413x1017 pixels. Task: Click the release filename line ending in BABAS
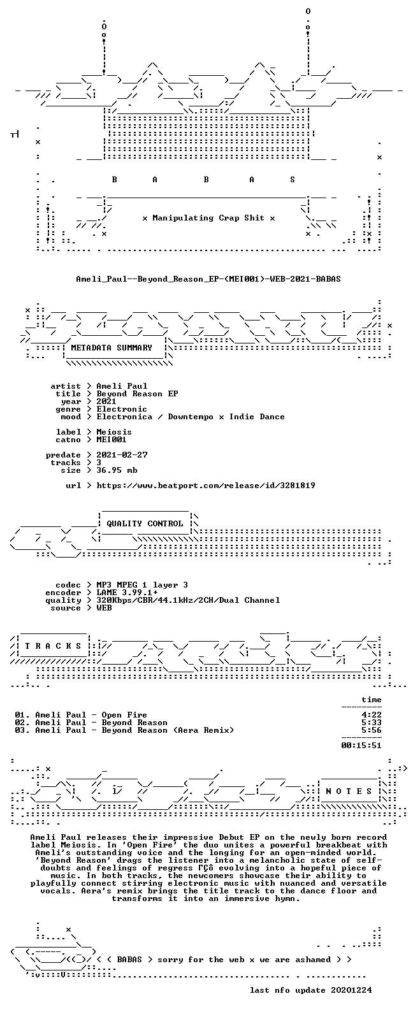click(208, 278)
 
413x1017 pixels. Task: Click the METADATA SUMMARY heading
click(112, 348)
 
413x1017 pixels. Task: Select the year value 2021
click(106, 401)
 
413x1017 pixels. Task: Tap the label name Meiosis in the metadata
click(114, 432)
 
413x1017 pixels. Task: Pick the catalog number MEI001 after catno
click(112, 440)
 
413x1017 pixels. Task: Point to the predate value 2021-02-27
click(122, 455)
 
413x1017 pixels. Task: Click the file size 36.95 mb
click(117, 470)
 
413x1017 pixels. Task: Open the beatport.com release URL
click(206, 486)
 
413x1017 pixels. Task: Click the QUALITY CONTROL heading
click(145, 524)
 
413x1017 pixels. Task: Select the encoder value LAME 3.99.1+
click(127, 593)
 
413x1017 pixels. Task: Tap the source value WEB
click(104, 608)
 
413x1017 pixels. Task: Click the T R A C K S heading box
click(53, 646)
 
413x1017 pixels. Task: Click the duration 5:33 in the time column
click(372, 723)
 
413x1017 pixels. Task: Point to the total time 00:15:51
click(361, 746)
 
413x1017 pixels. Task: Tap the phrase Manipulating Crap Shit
click(208, 218)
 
